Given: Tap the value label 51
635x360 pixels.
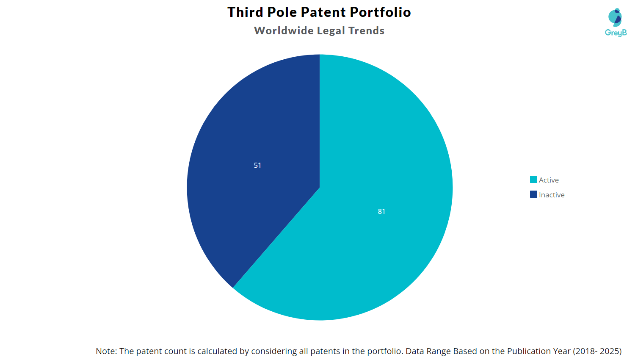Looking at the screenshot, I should point(257,165).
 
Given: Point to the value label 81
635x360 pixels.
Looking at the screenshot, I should point(381,211).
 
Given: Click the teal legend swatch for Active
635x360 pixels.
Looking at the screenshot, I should point(533,180).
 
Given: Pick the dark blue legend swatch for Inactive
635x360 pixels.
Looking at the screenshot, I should point(533,194).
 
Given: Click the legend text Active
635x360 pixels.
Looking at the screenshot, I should point(549,180).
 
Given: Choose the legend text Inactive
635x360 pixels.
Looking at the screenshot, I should point(552,195).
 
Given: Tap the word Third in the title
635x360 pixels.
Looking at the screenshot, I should point(245,12).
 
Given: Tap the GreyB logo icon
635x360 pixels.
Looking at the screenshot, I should point(615,17).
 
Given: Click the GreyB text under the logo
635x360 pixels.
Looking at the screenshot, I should point(616,33).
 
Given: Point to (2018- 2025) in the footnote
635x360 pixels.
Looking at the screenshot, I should point(597,351).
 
